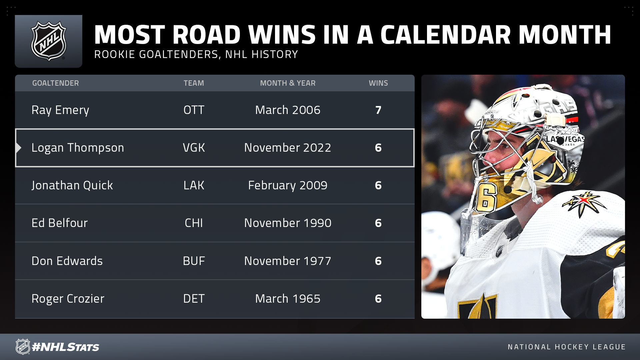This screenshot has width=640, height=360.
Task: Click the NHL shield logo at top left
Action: click(49, 41)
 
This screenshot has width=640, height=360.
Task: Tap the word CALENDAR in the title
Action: click(446, 35)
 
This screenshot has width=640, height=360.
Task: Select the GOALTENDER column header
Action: click(55, 83)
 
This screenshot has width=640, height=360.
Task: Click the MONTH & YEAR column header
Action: click(288, 83)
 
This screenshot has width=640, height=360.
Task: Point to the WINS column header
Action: click(378, 83)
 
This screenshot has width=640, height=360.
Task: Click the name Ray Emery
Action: click(60, 110)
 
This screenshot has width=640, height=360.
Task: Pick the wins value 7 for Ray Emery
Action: click(378, 110)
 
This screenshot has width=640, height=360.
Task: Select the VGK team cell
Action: click(194, 148)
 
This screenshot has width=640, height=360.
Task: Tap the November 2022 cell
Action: click(288, 148)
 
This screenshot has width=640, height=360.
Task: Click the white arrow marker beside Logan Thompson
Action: click(19, 148)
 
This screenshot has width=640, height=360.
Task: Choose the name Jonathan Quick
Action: click(72, 185)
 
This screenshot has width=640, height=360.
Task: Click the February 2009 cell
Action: click(288, 186)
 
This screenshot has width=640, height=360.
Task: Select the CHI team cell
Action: click(194, 223)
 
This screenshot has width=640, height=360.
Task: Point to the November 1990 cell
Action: click(288, 223)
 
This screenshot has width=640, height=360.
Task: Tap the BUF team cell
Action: click(194, 261)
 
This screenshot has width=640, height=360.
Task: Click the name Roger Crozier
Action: click(68, 299)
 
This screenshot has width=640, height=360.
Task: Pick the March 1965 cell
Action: click(288, 299)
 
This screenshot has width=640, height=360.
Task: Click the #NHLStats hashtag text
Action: click(65, 347)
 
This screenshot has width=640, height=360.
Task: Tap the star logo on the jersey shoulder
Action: click(583, 202)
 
